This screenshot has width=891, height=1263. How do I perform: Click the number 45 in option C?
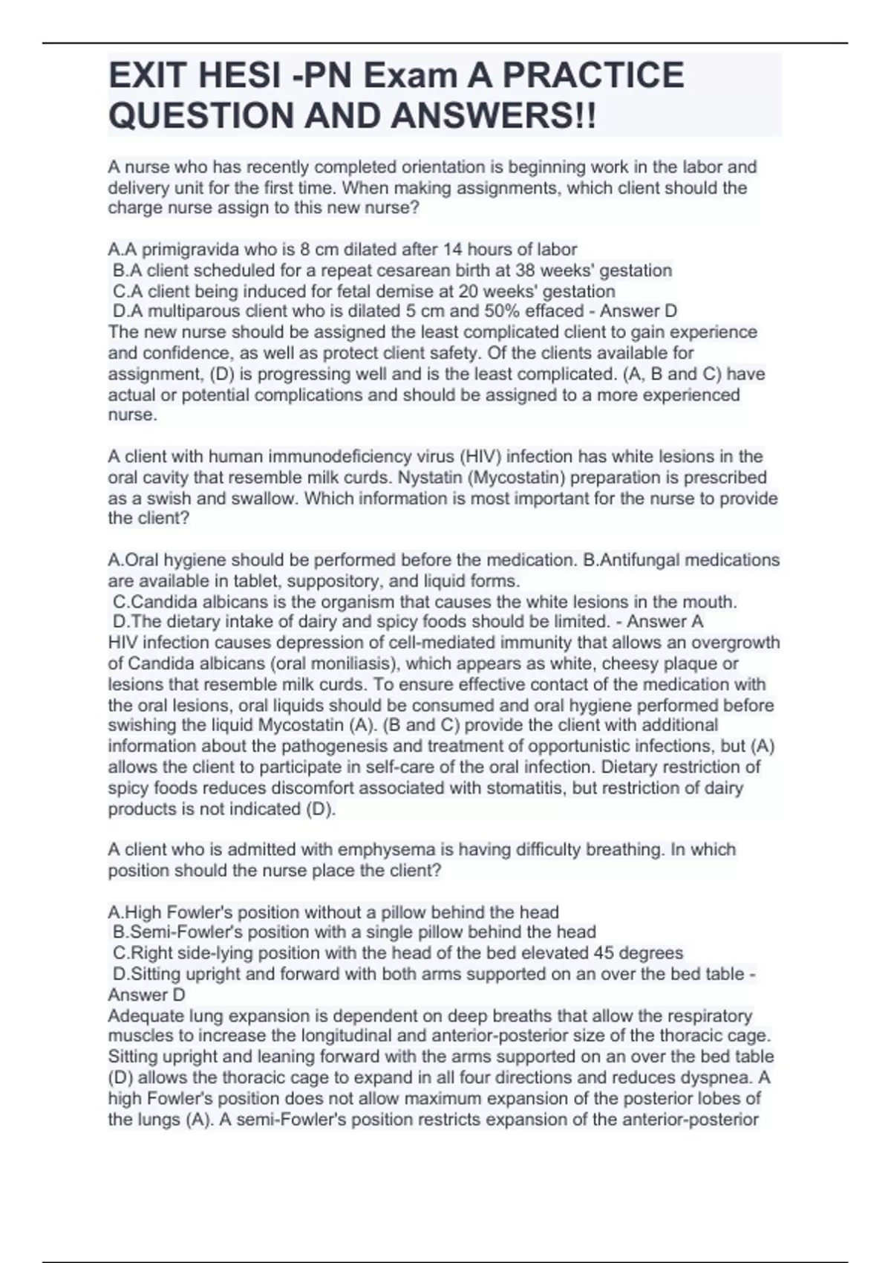click(x=604, y=952)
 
